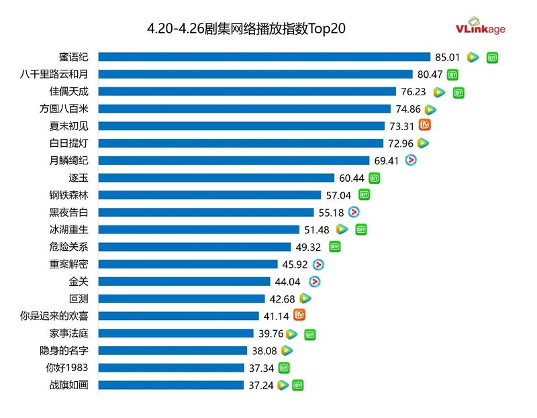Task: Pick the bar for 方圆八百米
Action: [248, 109]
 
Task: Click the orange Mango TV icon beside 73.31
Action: [424, 125]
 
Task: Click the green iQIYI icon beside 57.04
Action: [364, 195]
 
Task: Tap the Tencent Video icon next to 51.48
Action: [342, 229]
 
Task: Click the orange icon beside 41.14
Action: [301, 315]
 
